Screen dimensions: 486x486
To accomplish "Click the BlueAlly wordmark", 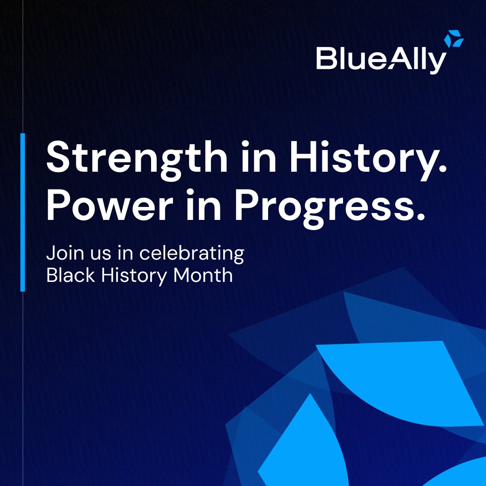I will click(x=381, y=60).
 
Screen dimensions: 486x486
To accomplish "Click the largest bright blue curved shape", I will click(x=401, y=381).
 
